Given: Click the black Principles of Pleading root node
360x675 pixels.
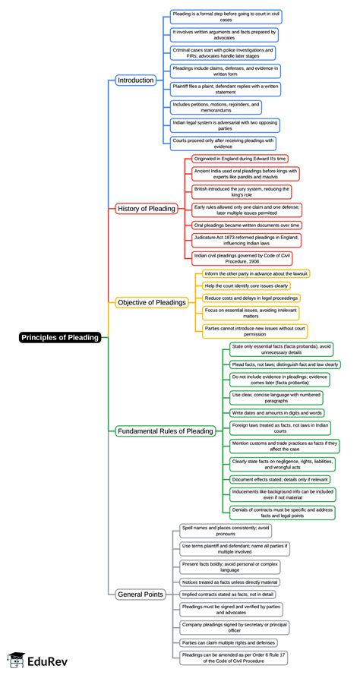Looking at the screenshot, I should [60, 338].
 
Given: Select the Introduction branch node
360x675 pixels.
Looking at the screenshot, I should [136, 80].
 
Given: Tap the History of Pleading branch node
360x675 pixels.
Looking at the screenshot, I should [146, 208].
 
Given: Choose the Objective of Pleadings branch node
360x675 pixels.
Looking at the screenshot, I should [152, 302].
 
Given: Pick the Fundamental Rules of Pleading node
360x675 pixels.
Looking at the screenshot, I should [165, 431].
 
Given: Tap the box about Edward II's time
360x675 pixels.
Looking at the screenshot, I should [239, 159].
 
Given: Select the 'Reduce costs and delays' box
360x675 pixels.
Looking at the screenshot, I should [251, 298].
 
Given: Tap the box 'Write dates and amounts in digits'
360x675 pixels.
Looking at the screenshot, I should [276, 412].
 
